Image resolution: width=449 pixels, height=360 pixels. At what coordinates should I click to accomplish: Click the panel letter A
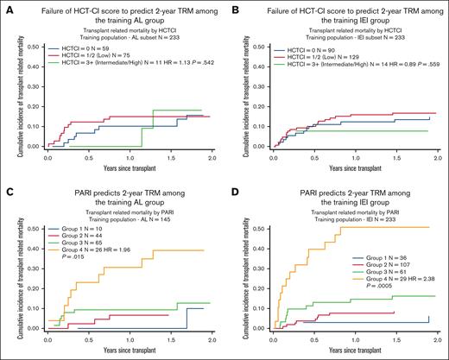(x=4, y=6)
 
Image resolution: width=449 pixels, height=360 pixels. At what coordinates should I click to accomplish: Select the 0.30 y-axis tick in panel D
(x=260, y=253)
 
